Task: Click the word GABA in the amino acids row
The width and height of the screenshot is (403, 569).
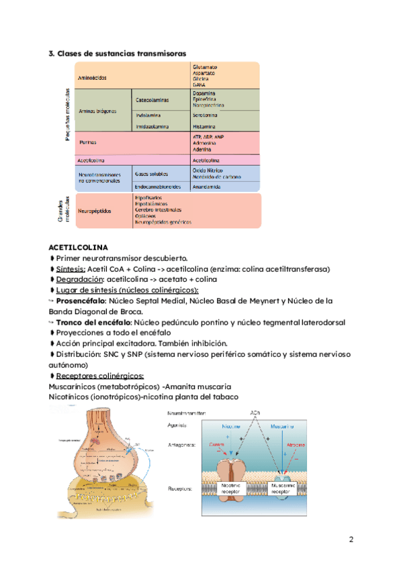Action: (x=200, y=84)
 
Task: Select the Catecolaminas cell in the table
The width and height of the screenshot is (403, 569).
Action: (x=152, y=100)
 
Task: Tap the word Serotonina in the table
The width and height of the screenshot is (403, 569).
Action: (x=204, y=115)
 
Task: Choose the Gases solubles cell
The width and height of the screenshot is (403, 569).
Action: (x=151, y=172)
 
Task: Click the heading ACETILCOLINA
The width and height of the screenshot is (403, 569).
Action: (x=78, y=248)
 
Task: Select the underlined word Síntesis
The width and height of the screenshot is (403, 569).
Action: (x=71, y=269)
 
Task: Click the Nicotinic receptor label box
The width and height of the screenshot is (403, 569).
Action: (x=232, y=487)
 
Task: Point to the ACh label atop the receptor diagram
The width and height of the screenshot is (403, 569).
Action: (x=255, y=413)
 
